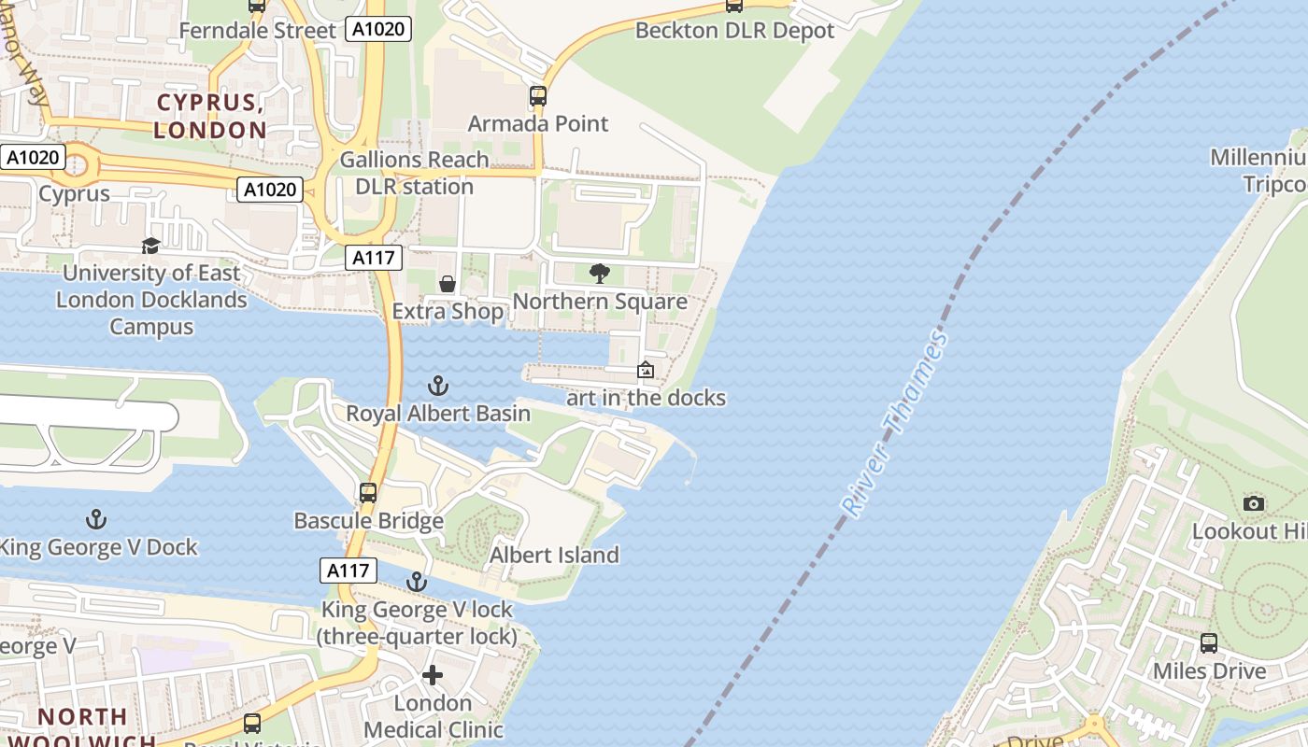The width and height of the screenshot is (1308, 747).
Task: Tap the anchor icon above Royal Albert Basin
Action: click(x=437, y=385)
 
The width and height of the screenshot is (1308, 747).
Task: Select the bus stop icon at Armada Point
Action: click(x=537, y=95)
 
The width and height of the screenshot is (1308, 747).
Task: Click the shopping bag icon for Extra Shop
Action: click(x=448, y=283)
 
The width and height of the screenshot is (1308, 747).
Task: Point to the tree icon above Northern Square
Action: click(x=600, y=274)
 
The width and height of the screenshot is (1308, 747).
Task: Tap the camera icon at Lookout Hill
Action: click(x=1254, y=504)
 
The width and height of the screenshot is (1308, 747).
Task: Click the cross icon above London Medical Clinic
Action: click(x=433, y=675)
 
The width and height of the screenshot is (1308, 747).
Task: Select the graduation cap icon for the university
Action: click(x=150, y=246)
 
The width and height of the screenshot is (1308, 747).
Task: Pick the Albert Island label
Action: click(x=554, y=555)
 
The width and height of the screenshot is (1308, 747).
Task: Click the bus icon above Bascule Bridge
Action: click(x=368, y=492)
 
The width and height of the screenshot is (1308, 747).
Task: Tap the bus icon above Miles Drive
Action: click(x=1209, y=643)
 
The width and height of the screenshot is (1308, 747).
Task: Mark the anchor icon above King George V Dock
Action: click(x=95, y=519)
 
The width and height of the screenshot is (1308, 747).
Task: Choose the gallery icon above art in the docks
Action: click(x=645, y=370)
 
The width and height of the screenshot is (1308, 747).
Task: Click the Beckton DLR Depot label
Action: click(x=734, y=30)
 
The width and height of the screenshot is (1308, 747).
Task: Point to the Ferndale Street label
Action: click(x=257, y=30)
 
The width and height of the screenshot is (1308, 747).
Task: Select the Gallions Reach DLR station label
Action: click(x=414, y=173)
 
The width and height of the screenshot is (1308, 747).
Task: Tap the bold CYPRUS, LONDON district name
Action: click(x=211, y=116)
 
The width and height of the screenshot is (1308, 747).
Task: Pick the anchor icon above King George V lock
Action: click(x=417, y=582)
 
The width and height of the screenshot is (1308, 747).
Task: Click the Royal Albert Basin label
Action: click(x=438, y=413)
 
